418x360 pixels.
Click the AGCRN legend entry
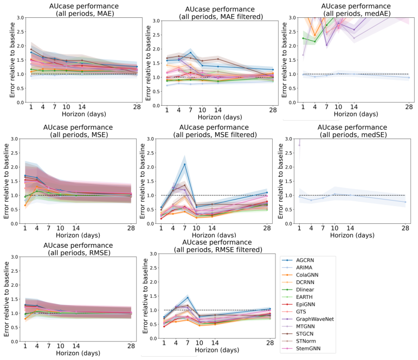click(x=299, y=260)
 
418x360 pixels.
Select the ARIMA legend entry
click(x=298, y=268)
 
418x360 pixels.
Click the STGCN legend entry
click(x=298, y=334)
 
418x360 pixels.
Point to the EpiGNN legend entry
click(x=299, y=305)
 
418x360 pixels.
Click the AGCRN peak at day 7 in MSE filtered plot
click(x=184, y=164)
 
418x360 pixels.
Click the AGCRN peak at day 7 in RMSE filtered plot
click(x=188, y=298)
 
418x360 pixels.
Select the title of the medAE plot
click(x=356, y=10)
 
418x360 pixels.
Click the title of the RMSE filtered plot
click(x=217, y=246)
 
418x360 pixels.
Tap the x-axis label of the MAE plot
click(x=84, y=114)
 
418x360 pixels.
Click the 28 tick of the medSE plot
click(x=406, y=228)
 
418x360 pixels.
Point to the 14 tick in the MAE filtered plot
click(x=218, y=110)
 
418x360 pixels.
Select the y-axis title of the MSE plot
click(x=7, y=181)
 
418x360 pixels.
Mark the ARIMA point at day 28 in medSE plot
click(x=406, y=202)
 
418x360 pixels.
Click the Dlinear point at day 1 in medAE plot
click(x=303, y=38)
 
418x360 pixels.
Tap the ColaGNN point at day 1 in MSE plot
click(x=25, y=205)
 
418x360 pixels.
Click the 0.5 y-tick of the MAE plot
click(x=20, y=88)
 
